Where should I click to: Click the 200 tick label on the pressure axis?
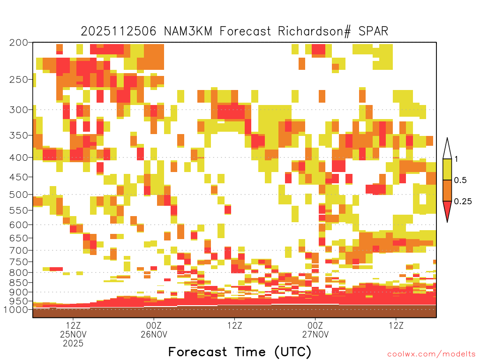tap(18, 43)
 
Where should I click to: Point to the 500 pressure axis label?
tap(18, 195)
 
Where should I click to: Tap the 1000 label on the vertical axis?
tap(15, 310)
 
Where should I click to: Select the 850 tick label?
tap(18, 283)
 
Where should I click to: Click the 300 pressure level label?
tap(18, 110)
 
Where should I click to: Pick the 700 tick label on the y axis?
tap(18, 250)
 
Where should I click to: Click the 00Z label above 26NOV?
tap(154, 325)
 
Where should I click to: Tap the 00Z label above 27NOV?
tap(315, 325)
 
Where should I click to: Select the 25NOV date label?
tap(73, 334)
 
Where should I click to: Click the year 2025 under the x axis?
tap(73, 343)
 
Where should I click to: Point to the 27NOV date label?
tap(315, 334)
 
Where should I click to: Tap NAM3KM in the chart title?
tap(188, 31)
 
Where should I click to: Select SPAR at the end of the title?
tap(373, 31)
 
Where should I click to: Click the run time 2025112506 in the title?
tap(119, 31)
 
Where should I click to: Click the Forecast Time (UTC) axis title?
tap(240, 352)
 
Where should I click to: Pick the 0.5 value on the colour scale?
tap(460, 180)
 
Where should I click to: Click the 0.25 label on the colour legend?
tap(463, 202)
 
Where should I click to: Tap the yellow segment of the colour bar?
tap(447, 169)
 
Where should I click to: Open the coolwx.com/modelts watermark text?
tap(432, 354)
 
